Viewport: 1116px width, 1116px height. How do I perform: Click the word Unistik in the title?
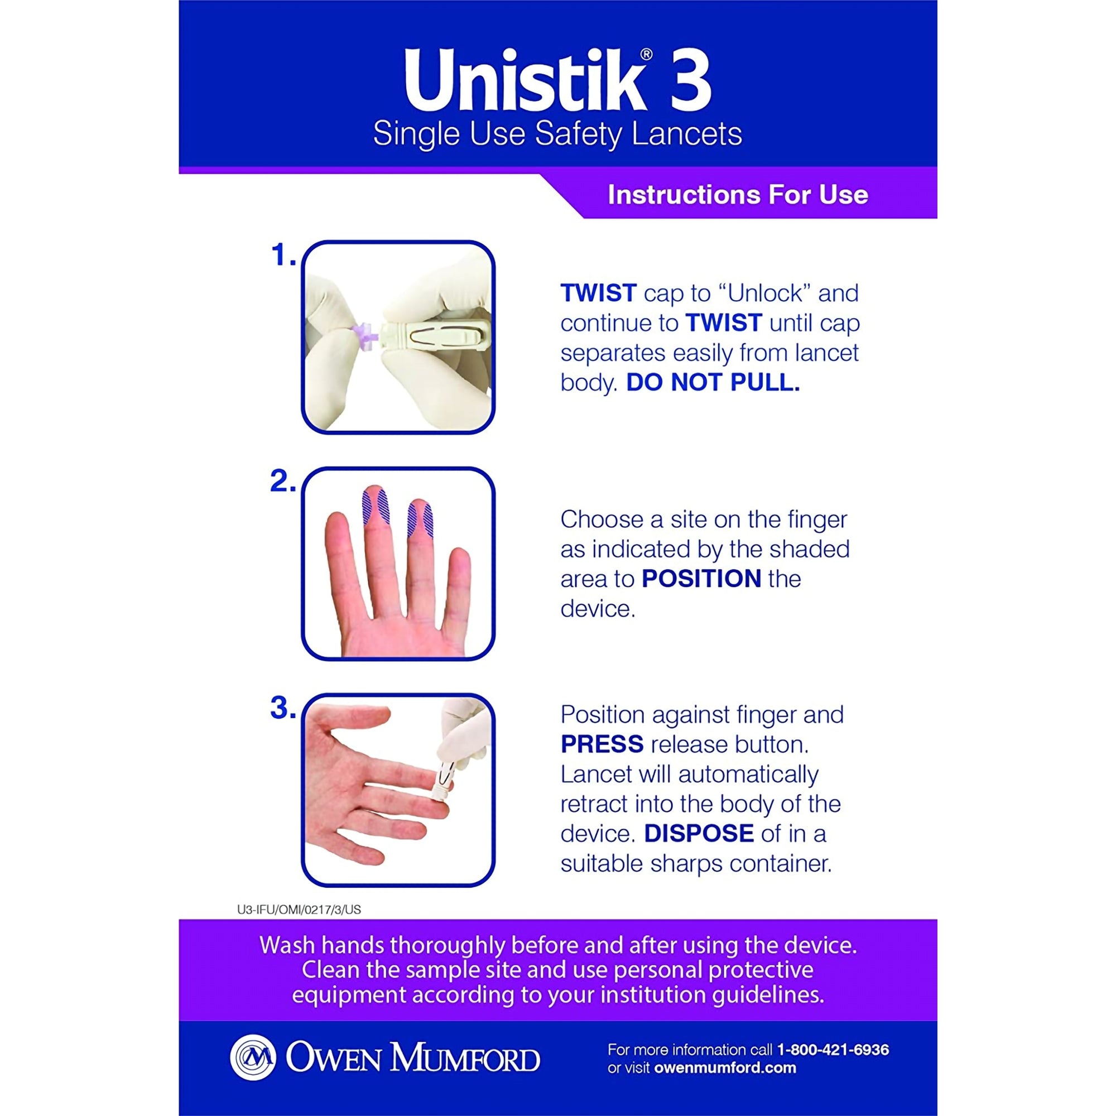525,81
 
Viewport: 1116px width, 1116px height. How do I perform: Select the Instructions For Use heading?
738,195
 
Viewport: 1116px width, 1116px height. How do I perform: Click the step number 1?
282,255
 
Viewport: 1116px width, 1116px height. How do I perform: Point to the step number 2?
282,481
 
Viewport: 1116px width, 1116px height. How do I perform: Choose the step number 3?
282,708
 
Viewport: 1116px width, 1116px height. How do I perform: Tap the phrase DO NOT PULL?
713,382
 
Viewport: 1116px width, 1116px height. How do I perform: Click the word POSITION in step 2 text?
701,579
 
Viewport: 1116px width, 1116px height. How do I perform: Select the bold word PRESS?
602,744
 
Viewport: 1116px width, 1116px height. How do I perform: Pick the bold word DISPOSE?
699,833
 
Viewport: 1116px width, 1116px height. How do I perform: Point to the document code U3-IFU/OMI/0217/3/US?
299,910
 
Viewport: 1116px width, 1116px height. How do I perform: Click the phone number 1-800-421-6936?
833,1050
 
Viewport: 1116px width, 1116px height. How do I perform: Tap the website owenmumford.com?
725,1068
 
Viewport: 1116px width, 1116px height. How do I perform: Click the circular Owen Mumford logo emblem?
252,1057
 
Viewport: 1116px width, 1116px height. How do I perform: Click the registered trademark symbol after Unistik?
646,55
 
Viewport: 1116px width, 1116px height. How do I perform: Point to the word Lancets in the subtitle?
687,134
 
